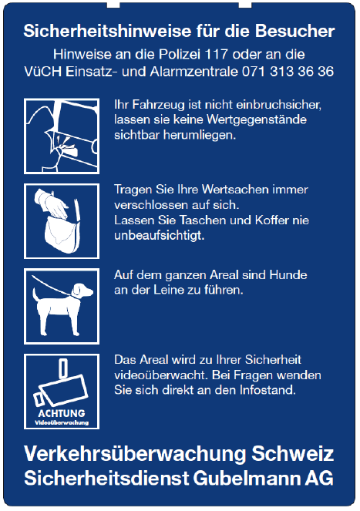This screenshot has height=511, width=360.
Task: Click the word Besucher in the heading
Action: (294, 32)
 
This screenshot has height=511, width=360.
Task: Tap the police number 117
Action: (216, 54)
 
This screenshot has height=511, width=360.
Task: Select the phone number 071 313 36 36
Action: (288, 72)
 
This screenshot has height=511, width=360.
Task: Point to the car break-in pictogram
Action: (62, 136)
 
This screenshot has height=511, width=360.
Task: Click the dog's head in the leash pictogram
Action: (82, 291)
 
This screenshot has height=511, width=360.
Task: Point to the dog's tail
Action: (35, 294)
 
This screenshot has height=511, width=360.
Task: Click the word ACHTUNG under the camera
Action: (62, 413)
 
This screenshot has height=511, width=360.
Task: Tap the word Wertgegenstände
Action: (257, 120)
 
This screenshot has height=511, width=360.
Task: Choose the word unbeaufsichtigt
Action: (159, 236)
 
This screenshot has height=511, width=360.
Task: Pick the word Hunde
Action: (288, 275)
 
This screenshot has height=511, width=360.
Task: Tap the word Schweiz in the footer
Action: (293, 453)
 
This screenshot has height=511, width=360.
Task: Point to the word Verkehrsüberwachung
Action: (135, 453)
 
